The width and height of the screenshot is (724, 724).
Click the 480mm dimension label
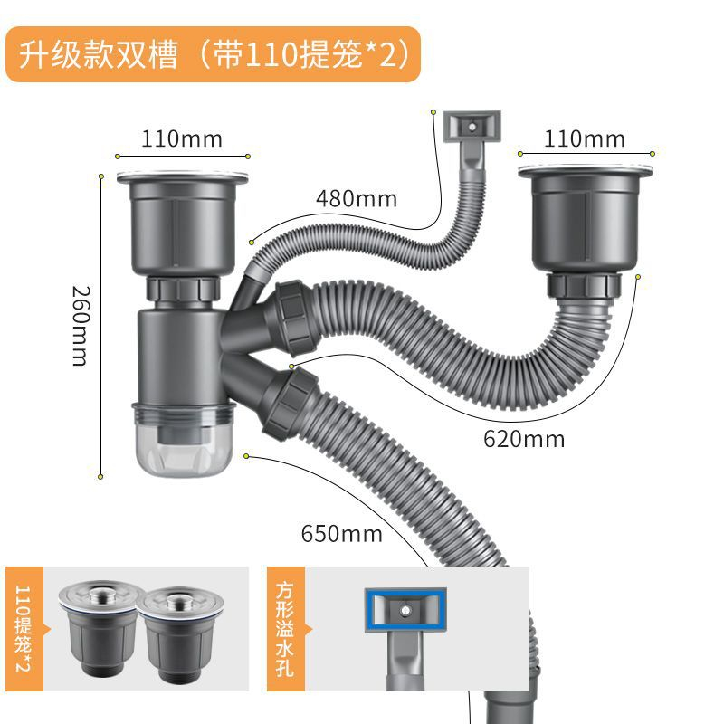click(356, 199)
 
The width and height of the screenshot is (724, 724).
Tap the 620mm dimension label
click(524, 439)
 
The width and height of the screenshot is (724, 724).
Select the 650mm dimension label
click(342, 534)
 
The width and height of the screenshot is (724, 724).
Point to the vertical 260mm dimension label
click(80, 326)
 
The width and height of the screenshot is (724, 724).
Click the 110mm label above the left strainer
click(182, 139)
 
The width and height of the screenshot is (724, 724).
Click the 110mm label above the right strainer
click(584, 139)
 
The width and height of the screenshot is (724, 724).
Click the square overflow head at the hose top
click(472, 126)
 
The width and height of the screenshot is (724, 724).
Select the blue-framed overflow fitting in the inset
click(405, 609)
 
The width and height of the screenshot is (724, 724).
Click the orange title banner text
click(214, 54)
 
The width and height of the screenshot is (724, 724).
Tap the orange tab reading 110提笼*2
click(24, 629)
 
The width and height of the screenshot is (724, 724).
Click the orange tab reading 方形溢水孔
click(285, 629)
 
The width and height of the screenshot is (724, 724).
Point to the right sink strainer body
click(585, 218)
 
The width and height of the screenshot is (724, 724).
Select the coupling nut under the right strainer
click(584, 285)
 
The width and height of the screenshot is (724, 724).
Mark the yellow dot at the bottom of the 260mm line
click(100, 477)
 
